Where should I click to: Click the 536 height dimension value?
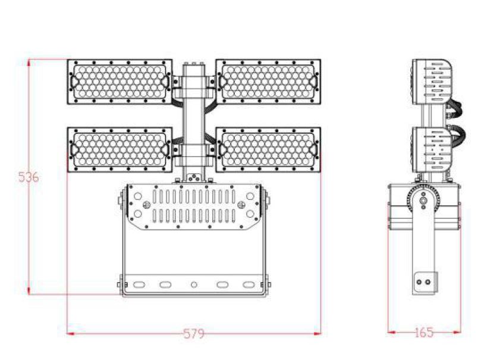[x=29, y=177]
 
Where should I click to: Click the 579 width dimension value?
[x=194, y=333]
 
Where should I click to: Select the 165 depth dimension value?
[x=424, y=332]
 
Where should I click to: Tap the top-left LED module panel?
[x=120, y=82]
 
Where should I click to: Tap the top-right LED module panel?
[x=268, y=82]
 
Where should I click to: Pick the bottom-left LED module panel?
[x=120, y=149]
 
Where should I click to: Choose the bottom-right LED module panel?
[x=268, y=149]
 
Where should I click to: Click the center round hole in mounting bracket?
[x=194, y=284]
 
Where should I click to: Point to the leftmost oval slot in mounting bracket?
[x=139, y=284]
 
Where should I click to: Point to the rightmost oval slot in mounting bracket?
[x=249, y=284]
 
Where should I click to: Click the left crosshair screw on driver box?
[x=147, y=205]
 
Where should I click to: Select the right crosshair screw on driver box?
[x=241, y=205]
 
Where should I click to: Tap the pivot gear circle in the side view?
[x=423, y=201]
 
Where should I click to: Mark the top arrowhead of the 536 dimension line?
[x=29, y=62]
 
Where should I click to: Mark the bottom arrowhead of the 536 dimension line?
[x=29, y=291]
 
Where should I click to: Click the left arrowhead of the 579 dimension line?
[x=71, y=333]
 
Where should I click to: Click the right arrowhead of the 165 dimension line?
[x=457, y=332]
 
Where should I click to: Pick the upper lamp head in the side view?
[x=432, y=82]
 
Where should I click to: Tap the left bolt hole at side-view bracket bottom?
[x=420, y=282]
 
